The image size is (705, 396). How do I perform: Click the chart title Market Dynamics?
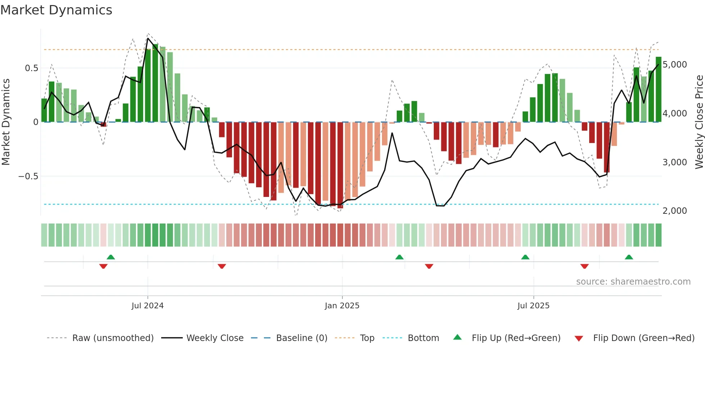(56, 10)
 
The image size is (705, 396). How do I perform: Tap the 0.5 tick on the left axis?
(31, 68)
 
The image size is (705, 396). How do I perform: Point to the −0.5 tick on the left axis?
(28, 176)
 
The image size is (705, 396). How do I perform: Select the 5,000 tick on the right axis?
(674, 65)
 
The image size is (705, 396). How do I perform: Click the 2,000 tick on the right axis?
(674, 211)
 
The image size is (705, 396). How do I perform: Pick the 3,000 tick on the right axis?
(674, 162)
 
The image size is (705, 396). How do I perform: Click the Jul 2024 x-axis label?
(147, 306)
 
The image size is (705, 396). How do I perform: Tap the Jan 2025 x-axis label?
(342, 306)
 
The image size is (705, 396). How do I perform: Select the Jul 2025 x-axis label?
(533, 306)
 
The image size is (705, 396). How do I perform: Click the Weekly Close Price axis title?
(699, 122)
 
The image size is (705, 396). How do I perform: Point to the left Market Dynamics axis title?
(6, 122)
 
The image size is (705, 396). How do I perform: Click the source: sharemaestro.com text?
(633, 282)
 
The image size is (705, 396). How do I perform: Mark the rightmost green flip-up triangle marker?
(629, 257)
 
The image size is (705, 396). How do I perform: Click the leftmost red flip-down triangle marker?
(103, 266)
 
